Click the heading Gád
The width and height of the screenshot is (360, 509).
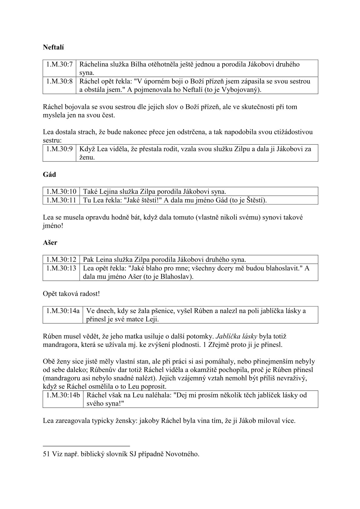coord(49,175)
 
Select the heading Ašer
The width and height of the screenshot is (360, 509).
coord(50,243)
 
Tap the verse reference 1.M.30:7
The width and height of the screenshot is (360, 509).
coord(59,64)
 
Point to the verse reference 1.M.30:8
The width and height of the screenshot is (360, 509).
coord(59,81)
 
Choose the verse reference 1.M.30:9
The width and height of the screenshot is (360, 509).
coord(59,149)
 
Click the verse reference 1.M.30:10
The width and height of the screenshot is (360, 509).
coord(61,191)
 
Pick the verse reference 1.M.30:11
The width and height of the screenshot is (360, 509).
coord(61,200)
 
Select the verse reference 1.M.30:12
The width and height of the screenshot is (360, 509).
coord(61,259)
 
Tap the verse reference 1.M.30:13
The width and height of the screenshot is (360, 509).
coord(61,268)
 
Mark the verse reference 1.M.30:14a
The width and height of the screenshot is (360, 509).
coord(63,311)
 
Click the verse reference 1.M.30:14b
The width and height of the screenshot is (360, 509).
coord(63,395)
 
